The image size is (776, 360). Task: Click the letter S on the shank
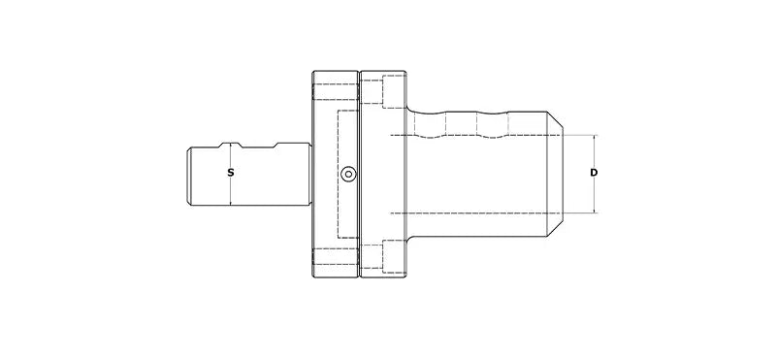pyautogui.click(x=230, y=173)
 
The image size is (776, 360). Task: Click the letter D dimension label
pyautogui.click(x=594, y=173)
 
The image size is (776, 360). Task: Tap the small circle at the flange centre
pyautogui.click(x=348, y=174)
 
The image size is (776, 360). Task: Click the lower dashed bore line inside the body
pyautogui.click(x=475, y=213)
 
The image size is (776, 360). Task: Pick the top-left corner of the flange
pyautogui.click(x=312, y=72)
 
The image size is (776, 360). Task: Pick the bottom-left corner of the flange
pyautogui.click(x=312, y=277)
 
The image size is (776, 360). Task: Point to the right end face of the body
pyautogui.click(x=568, y=174)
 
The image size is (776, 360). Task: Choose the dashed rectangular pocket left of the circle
pyautogui.click(x=337, y=174)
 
